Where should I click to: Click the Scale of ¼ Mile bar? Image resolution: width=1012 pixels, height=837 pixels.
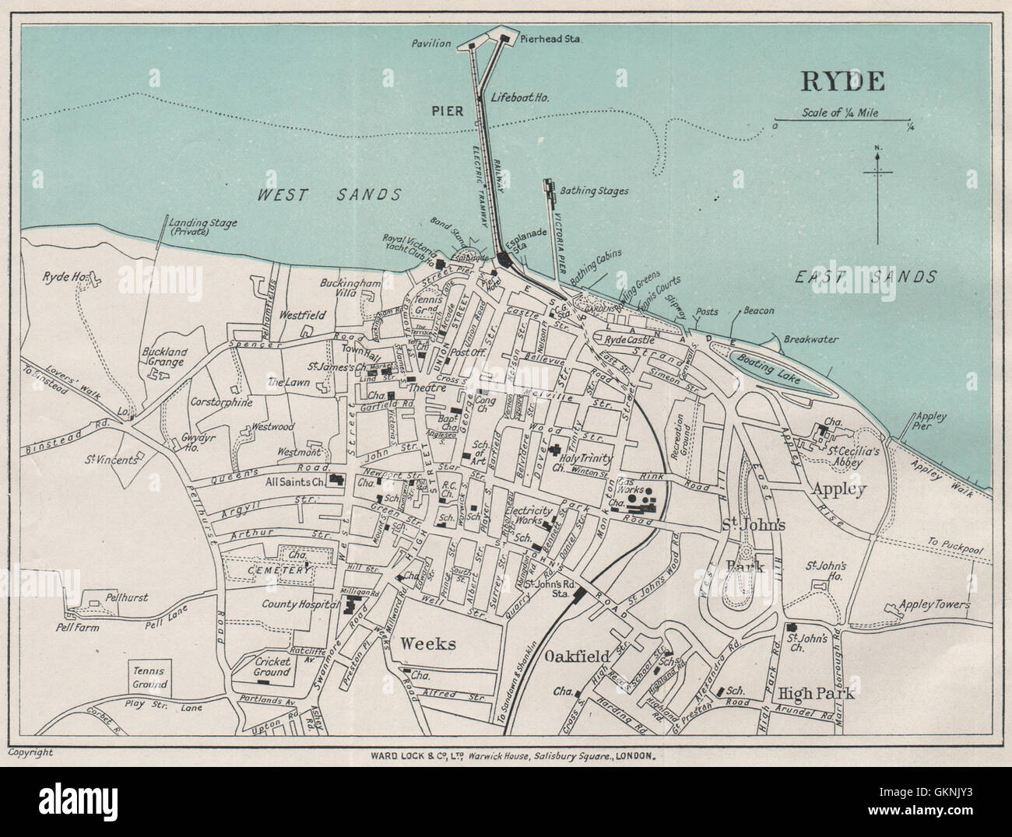(842, 121)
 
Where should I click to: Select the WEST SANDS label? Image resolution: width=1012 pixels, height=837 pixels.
(330, 194)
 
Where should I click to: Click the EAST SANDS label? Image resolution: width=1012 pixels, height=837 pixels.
(865, 275)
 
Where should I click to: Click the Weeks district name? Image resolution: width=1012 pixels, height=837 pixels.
(427, 643)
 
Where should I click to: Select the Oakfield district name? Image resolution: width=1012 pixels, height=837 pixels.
(577, 656)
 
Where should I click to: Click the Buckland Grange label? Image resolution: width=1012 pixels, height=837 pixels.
(162, 356)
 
